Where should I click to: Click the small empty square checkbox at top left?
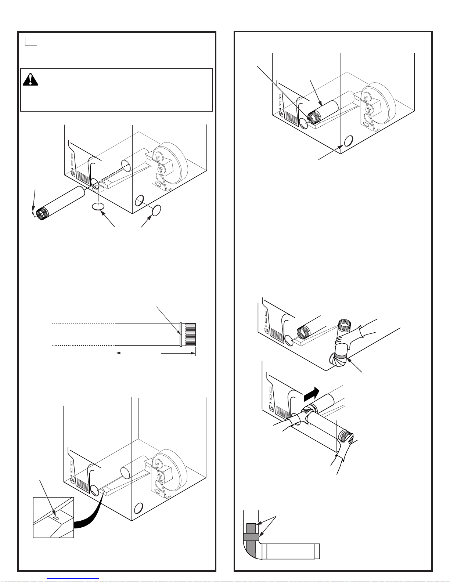31,41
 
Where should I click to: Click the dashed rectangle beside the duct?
84,334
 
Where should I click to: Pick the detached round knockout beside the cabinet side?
156,211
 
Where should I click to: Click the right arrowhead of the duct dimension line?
194,354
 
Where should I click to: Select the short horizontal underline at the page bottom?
73,579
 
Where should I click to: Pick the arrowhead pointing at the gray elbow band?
350,360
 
